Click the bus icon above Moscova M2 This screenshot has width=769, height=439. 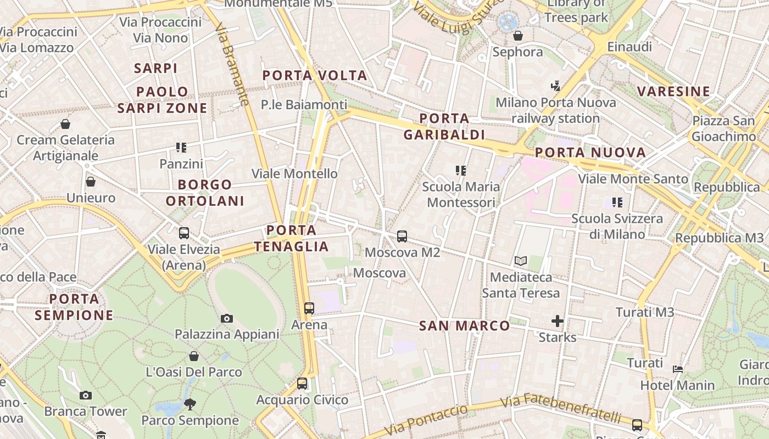[x=402, y=237]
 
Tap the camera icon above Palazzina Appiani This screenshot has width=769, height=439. [x=226, y=318]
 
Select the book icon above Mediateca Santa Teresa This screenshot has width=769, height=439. [x=520, y=261]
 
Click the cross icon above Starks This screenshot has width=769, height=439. [x=558, y=320]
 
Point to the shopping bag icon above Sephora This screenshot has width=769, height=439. [x=517, y=36]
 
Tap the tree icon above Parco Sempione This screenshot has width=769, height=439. [x=190, y=404]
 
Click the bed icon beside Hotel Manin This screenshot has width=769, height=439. [x=678, y=369]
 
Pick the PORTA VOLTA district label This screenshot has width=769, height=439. [x=315, y=75]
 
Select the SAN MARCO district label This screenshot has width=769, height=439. [x=465, y=325]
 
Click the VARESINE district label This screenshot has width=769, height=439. [x=674, y=91]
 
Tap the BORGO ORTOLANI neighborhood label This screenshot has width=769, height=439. [x=205, y=193]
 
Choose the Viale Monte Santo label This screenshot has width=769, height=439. [x=633, y=179]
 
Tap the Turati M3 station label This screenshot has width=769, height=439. [x=645, y=312]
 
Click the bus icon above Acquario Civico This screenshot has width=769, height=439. [x=302, y=384]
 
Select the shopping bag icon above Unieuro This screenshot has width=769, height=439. [x=91, y=182]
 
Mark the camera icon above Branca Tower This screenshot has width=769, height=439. [x=85, y=395]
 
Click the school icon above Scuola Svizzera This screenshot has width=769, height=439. [x=617, y=202]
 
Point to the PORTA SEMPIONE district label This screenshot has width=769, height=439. [x=74, y=307]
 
